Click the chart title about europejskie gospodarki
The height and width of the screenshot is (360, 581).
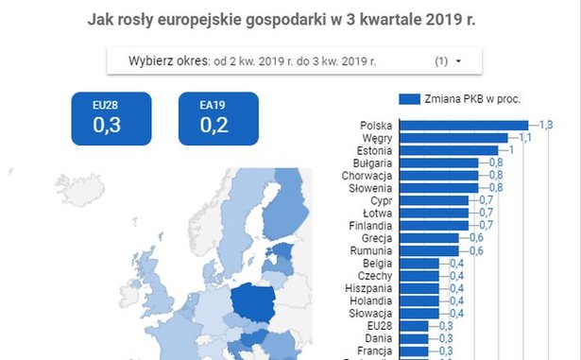(x=294, y=19)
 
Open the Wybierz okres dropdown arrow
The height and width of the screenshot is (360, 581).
(x=458, y=61)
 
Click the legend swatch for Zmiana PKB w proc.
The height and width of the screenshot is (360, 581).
(x=409, y=97)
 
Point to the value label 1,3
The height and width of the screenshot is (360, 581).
(x=545, y=125)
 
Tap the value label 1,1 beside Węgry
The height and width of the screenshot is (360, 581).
(x=525, y=138)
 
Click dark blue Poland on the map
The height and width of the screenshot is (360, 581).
(x=255, y=303)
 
